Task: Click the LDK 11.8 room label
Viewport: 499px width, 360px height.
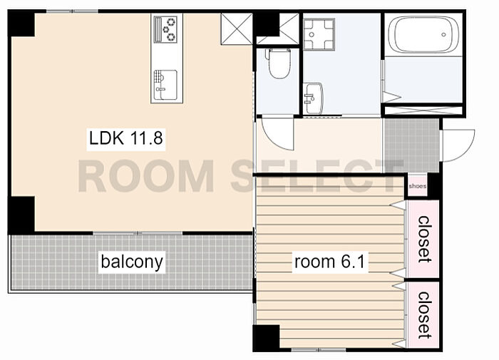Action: pos(126,138)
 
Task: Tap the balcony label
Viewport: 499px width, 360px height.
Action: pos(132,262)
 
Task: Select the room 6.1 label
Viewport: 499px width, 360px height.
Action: pos(329,262)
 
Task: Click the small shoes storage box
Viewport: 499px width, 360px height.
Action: pos(417,186)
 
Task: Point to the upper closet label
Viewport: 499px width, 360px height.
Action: pos(424,239)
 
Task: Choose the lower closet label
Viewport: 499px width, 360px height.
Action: pos(424,315)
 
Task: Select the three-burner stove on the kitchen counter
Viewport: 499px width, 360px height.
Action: pos(165,29)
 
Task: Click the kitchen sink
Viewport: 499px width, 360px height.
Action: pos(165,85)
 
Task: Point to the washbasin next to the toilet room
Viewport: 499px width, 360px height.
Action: pos(313,98)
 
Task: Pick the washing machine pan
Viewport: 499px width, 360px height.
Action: pos(319,34)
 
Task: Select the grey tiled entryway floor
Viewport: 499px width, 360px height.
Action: pos(412,145)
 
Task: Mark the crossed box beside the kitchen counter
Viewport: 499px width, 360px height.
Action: pos(237,29)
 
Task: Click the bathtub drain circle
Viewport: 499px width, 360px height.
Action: pos(443,35)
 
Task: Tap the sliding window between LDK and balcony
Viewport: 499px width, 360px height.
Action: pos(138,233)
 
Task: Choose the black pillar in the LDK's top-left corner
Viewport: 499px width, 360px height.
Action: pos(21,24)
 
